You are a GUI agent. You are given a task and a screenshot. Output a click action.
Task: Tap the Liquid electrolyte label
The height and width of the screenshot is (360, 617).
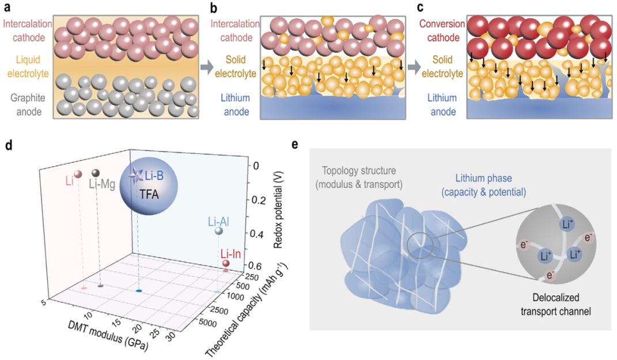point(27,67)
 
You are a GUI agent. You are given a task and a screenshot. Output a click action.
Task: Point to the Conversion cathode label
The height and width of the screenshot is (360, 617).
point(441,31)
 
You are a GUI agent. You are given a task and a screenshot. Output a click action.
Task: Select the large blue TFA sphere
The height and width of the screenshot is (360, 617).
point(149,190)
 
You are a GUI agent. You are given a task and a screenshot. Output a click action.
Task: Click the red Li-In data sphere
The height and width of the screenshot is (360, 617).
point(226,264)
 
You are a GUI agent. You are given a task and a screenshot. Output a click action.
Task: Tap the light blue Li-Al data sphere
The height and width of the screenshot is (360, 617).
point(218,231)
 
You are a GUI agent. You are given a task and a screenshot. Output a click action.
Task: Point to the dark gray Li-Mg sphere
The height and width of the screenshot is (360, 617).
point(95,173)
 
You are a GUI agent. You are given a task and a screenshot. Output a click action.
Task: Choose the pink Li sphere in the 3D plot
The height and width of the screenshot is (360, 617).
point(78,174)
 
